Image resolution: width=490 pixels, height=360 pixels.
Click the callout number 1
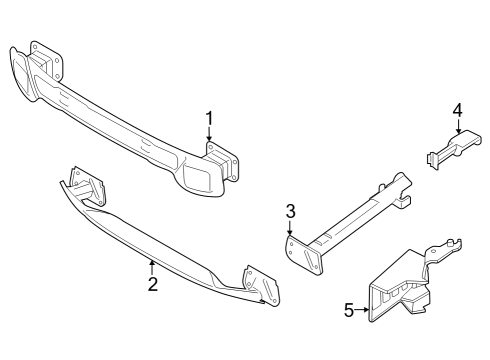point(210,119)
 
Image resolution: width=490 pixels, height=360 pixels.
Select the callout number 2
point(152,284)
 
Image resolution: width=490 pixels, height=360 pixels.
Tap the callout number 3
point(290,211)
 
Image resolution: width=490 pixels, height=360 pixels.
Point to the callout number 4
point(457,109)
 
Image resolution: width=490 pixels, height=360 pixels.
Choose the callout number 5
point(349,311)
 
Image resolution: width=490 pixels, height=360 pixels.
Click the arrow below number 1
point(210,140)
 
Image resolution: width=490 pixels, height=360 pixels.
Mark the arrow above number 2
point(152,266)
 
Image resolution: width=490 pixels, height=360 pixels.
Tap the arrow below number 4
point(457,128)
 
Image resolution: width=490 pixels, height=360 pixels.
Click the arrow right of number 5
point(364,311)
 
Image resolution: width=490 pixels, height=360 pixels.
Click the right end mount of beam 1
point(214,170)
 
